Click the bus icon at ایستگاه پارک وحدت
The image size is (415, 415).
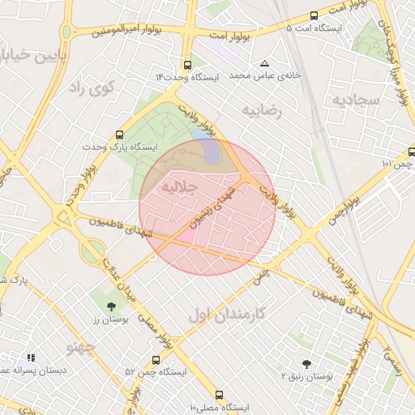(120, 135)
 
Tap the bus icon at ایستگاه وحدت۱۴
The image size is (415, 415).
(188, 64)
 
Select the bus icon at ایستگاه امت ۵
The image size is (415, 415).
(314, 15)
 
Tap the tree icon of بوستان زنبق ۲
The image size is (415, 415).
(306, 364)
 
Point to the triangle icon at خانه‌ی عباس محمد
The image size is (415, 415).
(264, 63)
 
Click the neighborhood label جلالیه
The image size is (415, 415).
(179, 186)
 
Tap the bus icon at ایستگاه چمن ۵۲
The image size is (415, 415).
(156, 359)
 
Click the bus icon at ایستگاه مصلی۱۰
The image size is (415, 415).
(219, 394)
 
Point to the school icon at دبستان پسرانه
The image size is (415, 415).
(31, 357)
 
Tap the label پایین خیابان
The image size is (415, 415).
(32, 55)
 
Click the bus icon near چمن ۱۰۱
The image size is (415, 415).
(412, 151)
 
